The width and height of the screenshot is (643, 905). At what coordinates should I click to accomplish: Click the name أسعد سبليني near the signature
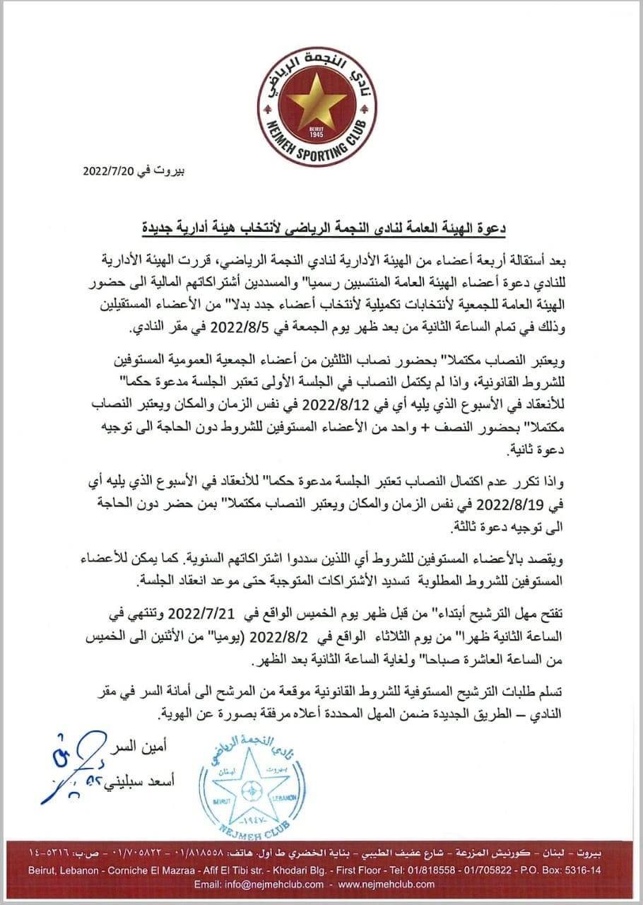click(146, 781)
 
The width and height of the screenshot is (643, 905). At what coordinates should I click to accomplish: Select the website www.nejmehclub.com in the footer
click(387, 884)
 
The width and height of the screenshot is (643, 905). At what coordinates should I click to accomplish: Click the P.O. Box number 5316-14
click(579, 871)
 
